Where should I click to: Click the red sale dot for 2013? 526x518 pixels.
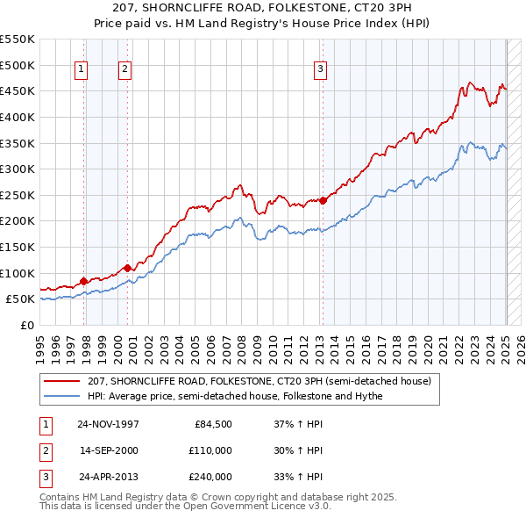[x=323, y=200]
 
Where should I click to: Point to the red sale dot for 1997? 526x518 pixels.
[x=84, y=281]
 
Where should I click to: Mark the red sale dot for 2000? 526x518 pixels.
[x=127, y=268]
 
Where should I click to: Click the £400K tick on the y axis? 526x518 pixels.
[x=18, y=117]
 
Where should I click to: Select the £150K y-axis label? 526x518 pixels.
[x=18, y=247]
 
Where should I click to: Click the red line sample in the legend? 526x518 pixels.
[x=62, y=382]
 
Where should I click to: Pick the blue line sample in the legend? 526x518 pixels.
[x=62, y=396]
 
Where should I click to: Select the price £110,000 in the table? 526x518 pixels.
[x=210, y=451]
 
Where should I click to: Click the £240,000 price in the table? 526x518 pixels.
[x=210, y=477]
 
